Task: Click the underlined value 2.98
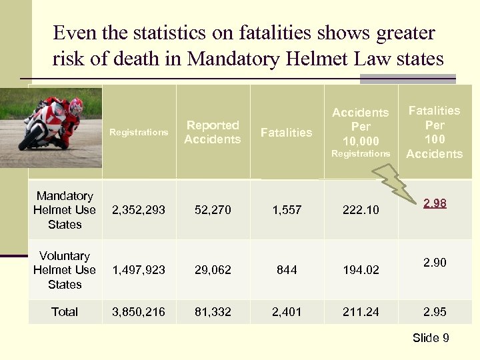point(434,203)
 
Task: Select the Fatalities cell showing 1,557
point(287,210)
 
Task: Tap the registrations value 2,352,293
point(139,210)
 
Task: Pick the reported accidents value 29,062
point(212,270)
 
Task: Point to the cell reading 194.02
point(360,270)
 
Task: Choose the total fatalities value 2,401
point(287,311)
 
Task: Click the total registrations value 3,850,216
point(139,311)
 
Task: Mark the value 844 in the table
point(287,270)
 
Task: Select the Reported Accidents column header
point(212,132)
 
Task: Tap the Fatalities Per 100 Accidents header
point(434,132)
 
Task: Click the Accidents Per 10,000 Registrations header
point(360,132)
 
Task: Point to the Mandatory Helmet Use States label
point(65,210)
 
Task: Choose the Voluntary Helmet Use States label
point(65,270)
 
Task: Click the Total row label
point(65,311)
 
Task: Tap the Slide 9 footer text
point(431,338)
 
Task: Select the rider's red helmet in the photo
point(76,105)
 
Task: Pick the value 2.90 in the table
point(434,263)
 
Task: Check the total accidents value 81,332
point(212,311)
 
